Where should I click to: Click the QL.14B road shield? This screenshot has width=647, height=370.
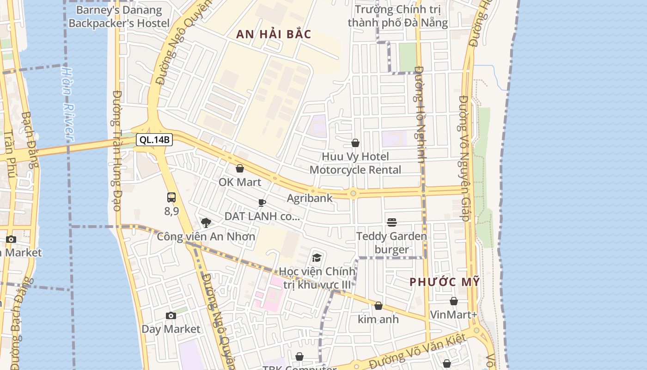click(x=154, y=140)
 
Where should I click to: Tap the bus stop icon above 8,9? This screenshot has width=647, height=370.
click(x=171, y=197)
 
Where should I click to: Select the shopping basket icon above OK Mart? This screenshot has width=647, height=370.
click(x=239, y=168)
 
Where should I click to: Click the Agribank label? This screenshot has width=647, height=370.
click(x=310, y=198)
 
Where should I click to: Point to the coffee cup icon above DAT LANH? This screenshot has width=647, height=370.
click(x=262, y=203)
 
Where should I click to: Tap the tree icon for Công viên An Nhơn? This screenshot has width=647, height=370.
click(x=206, y=223)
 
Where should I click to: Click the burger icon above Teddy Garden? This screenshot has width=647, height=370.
click(x=392, y=222)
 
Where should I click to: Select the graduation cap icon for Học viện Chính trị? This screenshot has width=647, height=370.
click(x=317, y=258)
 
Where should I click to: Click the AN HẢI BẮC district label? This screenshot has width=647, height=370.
click(x=274, y=34)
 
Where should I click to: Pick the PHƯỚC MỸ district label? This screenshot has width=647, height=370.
click(x=445, y=282)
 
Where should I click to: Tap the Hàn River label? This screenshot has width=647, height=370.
click(x=68, y=104)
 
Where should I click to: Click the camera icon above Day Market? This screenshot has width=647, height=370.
click(x=171, y=315)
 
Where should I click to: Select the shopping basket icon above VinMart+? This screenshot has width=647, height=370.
click(x=454, y=301)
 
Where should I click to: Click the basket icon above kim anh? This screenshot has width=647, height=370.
click(x=378, y=306)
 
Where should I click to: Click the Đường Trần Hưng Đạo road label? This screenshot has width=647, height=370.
click(x=117, y=150)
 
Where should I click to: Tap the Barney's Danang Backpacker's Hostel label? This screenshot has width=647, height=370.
click(x=119, y=17)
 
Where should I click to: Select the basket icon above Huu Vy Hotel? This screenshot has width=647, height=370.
click(x=355, y=143)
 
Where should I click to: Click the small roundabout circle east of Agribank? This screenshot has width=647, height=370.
click(x=353, y=194)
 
